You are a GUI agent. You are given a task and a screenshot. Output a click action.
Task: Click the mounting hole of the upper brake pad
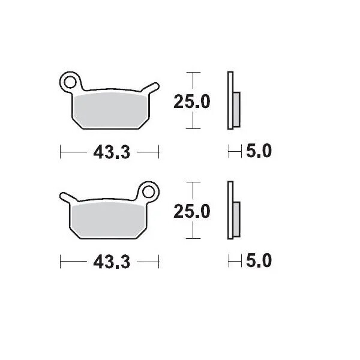click(71, 81)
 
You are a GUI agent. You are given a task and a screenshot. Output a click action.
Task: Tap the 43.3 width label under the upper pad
click(112, 152)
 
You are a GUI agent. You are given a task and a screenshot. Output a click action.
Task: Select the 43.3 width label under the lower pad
click(112, 262)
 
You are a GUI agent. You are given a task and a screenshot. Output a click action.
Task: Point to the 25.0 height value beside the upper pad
click(191, 102)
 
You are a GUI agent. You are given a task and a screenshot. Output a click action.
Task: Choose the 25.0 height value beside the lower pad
click(191, 211)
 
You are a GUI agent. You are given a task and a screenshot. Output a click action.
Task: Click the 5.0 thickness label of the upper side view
click(259, 152)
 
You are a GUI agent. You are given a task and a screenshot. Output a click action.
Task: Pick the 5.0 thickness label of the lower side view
click(259, 262)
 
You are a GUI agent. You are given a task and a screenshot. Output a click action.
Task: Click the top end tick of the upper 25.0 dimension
click(191, 73)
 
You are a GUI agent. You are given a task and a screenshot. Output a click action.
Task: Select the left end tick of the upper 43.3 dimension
click(61, 152)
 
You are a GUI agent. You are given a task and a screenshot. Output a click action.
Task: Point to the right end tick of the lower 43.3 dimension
click(159, 262)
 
